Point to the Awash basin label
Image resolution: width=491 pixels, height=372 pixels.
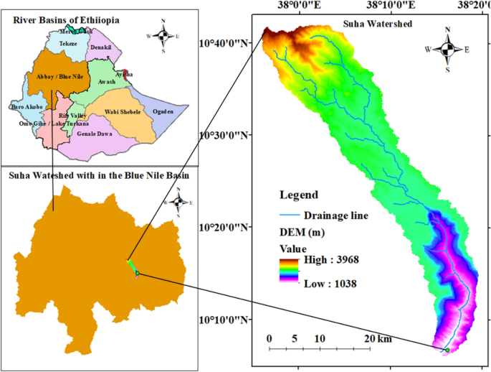point(106,82)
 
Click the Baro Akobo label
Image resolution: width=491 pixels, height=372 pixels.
point(27,107)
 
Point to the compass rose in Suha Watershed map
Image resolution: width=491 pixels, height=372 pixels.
point(447,50)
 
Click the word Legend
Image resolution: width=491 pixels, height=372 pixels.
point(299,195)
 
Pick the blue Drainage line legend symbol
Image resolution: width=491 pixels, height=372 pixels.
point(289,215)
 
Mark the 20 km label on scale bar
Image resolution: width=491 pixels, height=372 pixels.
point(375,338)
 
